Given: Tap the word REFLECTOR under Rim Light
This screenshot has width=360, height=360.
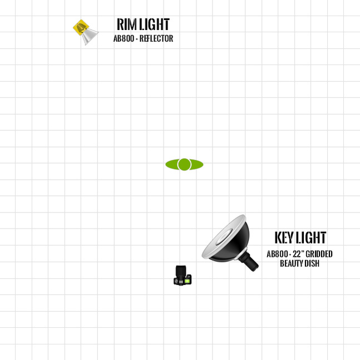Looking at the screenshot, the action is (156, 38).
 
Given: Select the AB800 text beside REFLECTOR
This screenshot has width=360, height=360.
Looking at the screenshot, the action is (124, 38).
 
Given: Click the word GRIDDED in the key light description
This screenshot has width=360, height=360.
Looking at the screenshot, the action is (319, 254).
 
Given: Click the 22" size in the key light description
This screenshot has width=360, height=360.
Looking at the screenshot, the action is (298, 254).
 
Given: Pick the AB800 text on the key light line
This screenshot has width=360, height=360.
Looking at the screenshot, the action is (277, 254).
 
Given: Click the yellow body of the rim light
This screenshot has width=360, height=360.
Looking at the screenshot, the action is (80, 28).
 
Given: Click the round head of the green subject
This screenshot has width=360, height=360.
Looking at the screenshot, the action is (184, 164).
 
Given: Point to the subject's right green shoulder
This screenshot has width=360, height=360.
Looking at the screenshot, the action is (197, 164).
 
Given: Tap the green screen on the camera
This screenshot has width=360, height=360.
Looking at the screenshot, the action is (187, 281).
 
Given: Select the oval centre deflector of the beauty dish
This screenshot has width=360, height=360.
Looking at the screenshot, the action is (224, 236).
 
